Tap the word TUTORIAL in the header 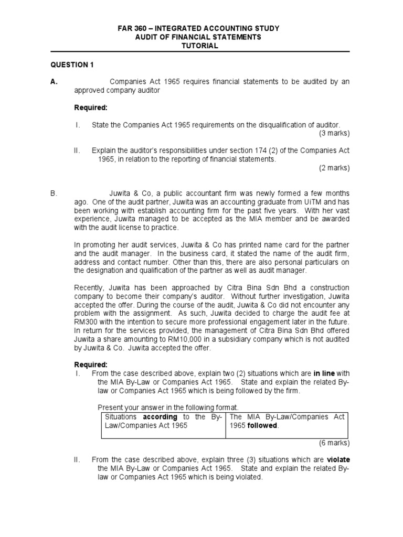(x=199, y=46)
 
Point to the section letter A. (x=54, y=81)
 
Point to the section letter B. (x=53, y=194)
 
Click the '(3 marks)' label (x=334, y=133)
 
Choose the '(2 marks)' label (x=334, y=168)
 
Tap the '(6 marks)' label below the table (x=334, y=443)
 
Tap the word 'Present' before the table (x=110, y=407)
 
